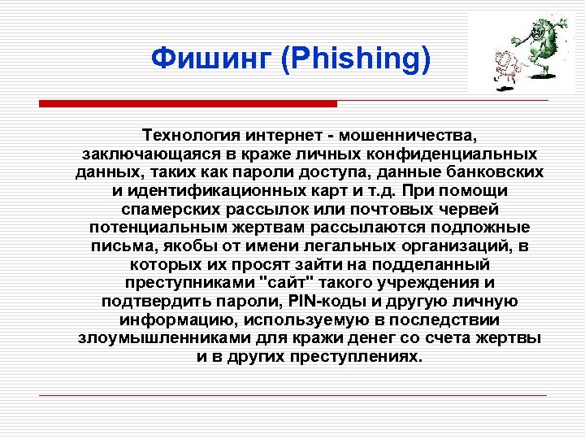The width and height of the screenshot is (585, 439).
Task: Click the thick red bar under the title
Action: [188, 104]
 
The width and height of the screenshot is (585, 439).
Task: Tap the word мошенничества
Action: [410, 134]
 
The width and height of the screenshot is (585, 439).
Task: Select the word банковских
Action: [491, 172]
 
